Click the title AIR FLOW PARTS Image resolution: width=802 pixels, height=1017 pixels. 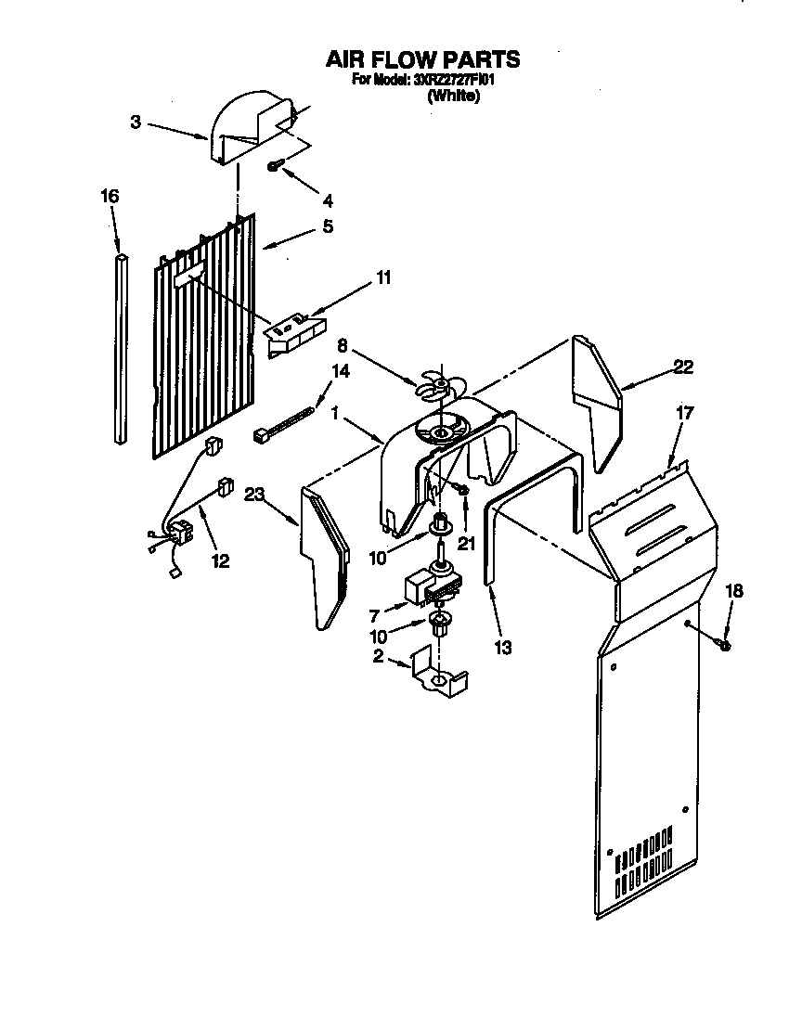pos(421,59)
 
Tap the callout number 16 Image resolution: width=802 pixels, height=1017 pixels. pos(110,196)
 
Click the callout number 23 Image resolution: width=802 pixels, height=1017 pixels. pos(255,496)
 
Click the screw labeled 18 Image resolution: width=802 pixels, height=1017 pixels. pos(725,642)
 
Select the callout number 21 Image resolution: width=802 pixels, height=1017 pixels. pos(465,544)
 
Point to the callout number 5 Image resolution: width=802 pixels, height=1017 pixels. pos(327,225)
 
